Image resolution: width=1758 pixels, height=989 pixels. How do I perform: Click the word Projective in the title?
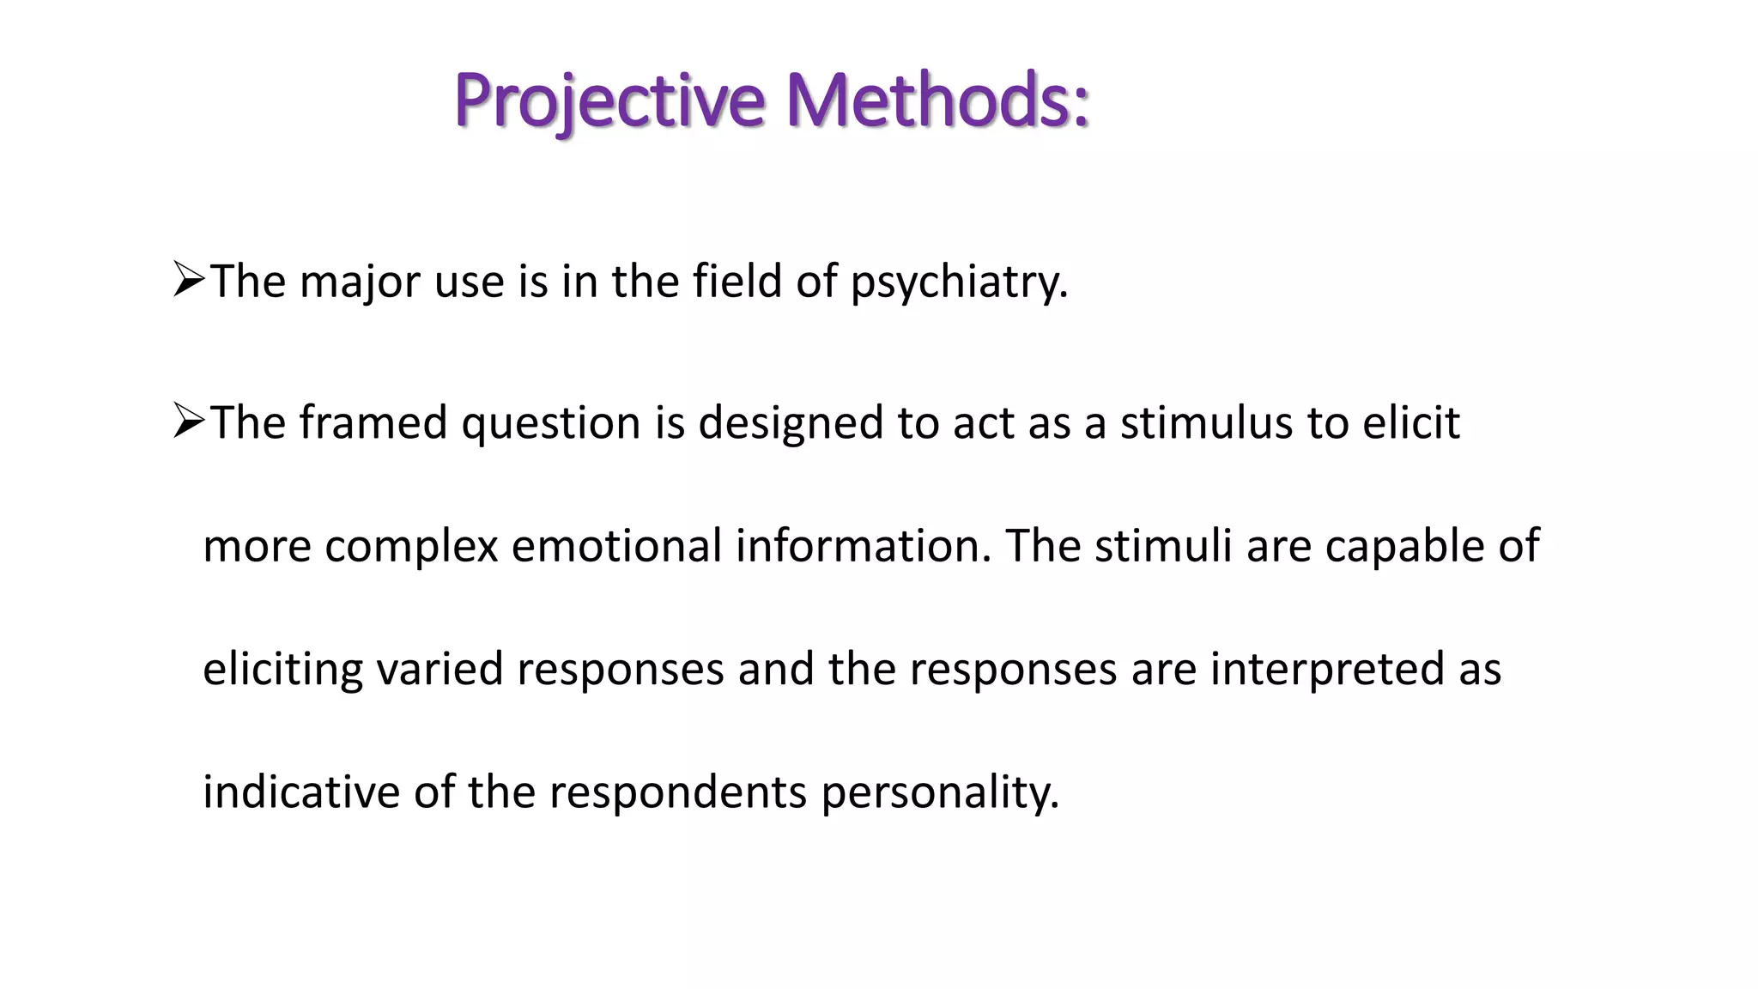pyautogui.click(x=609, y=100)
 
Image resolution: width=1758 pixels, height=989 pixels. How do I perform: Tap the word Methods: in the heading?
pyautogui.click(x=937, y=100)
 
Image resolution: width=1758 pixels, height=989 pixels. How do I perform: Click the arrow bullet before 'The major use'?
pyautogui.click(x=188, y=280)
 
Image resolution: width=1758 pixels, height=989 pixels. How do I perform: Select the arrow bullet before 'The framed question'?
pyautogui.click(x=188, y=422)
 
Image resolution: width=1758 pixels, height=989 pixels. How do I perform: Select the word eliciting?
pyautogui.click(x=282, y=669)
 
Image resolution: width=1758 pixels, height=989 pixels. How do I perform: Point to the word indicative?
pyautogui.click(x=301, y=792)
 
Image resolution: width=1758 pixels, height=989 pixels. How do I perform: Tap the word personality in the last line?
pyautogui.click(x=940, y=792)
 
